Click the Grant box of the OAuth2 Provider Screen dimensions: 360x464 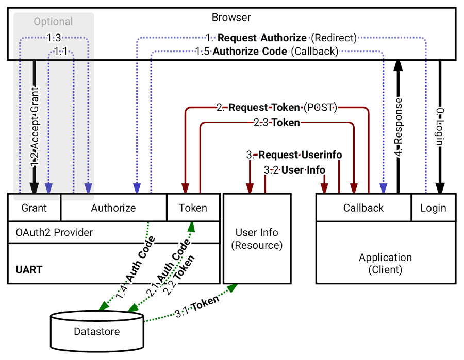click(34, 208)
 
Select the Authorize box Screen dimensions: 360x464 click(113, 208)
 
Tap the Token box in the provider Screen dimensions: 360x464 click(193, 208)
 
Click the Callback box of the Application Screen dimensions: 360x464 click(363, 208)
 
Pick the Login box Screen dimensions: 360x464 click(433, 208)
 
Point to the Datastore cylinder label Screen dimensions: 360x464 click(97, 331)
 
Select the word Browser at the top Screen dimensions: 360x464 click(231, 18)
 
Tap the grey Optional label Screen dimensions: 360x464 click(53, 22)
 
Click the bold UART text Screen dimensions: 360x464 click(29, 269)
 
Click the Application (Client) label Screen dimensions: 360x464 click(385, 263)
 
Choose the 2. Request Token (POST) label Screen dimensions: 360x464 click(277, 108)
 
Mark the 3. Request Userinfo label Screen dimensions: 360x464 click(294, 155)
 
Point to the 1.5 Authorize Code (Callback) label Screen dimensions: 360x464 click(267, 52)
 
